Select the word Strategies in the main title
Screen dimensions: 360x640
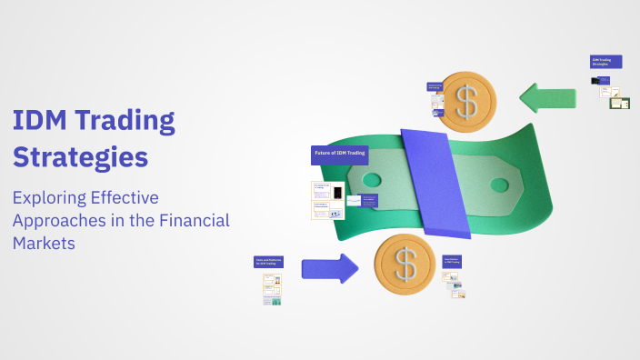[x=80, y=157]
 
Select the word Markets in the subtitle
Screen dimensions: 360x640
[x=43, y=243]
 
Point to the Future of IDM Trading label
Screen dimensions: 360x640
[x=339, y=155]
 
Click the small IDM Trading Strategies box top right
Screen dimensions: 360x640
[x=605, y=62]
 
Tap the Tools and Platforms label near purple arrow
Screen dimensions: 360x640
[x=270, y=262]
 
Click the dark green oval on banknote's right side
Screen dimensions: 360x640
[x=500, y=185]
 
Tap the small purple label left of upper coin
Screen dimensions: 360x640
[x=435, y=87]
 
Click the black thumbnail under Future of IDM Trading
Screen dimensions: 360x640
[x=337, y=194]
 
